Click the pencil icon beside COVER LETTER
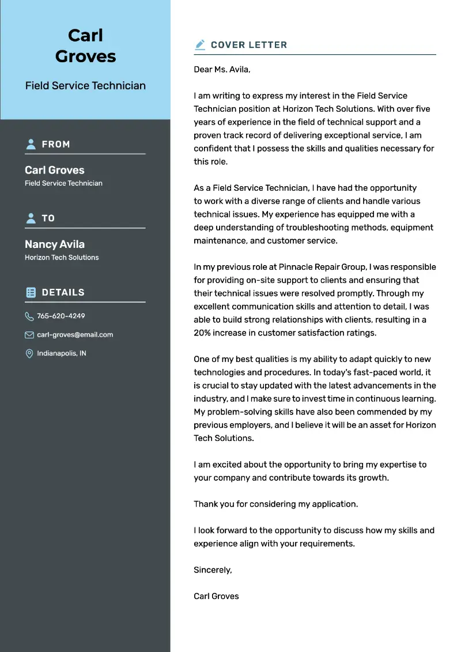(200, 44)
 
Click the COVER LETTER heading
(248, 44)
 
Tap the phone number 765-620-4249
(61, 316)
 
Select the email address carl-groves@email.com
(75, 334)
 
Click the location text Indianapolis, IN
(62, 353)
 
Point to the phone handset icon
(29, 316)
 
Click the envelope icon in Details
(29, 334)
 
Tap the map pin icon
(29, 353)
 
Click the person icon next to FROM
(31, 144)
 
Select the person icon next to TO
(31, 218)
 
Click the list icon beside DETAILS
(31, 292)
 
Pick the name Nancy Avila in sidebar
(55, 244)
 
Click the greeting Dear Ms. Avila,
(222, 69)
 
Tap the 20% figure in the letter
(203, 333)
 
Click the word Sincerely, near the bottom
(213, 570)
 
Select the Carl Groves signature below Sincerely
(216, 596)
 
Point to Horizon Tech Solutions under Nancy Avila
(62, 257)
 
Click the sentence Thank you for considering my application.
(275, 504)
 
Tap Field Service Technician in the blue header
(85, 85)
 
